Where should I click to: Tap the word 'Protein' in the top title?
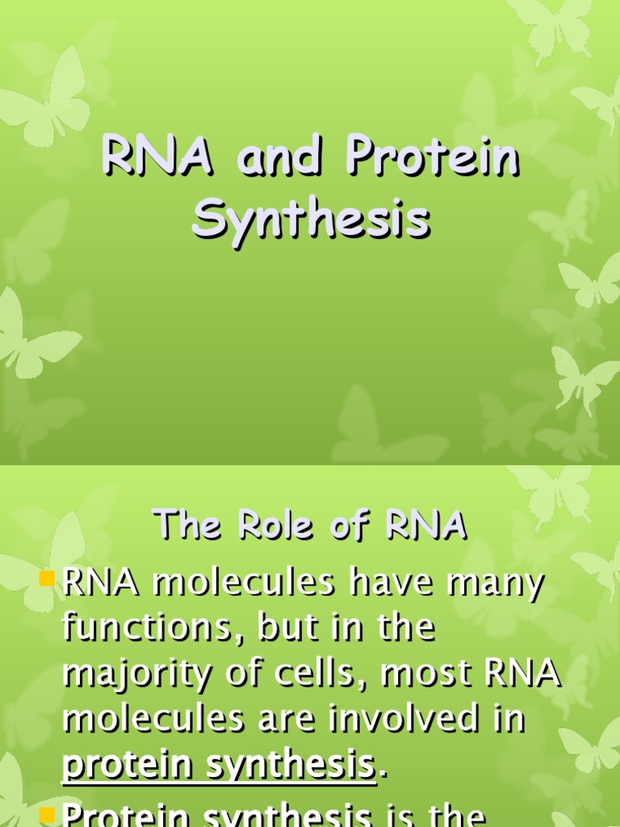pyautogui.click(x=433, y=159)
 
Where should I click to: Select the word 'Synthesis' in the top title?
pyautogui.click(x=311, y=220)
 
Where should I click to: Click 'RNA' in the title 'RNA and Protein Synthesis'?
pyautogui.click(x=158, y=159)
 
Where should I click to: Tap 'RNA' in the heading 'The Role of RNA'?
pyautogui.click(x=426, y=526)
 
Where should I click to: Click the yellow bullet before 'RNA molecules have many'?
pyautogui.click(x=50, y=578)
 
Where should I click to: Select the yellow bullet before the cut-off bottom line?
pyautogui.click(x=50, y=811)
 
